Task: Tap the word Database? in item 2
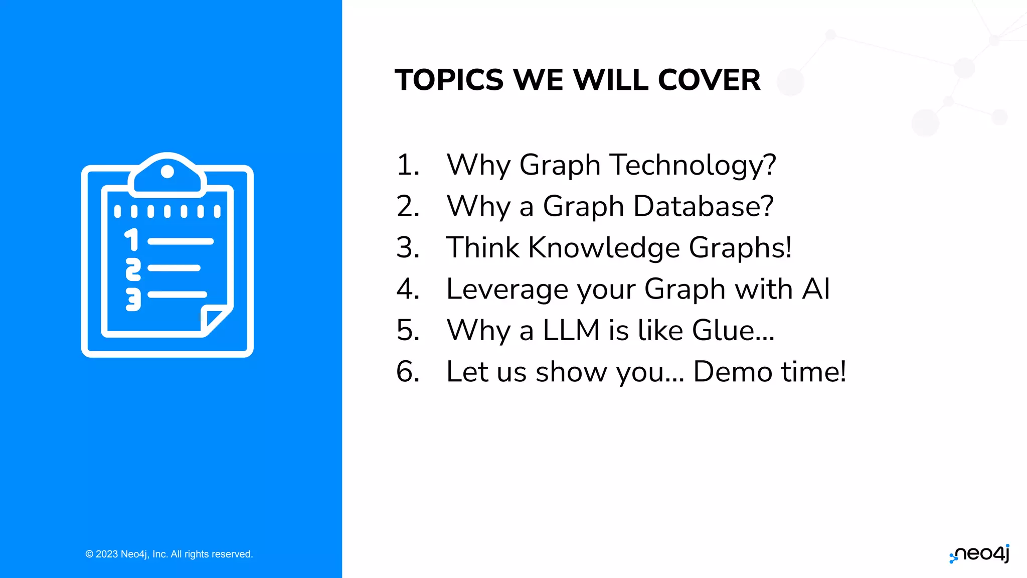(x=704, y=206)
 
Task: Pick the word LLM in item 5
(x=571, y=331)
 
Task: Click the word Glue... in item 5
(x=733, y=331)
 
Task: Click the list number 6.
(x=408, y=372)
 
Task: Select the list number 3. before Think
(x=408, y=248)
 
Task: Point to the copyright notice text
(x=169, y=554)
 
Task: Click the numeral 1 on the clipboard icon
(x=132, y=239)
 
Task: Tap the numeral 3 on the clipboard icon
(x=133, y=299)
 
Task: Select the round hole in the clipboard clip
(x=167, y=172)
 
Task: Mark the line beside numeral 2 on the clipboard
(x=174, y=268)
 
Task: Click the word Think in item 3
(x=483, y=248)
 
